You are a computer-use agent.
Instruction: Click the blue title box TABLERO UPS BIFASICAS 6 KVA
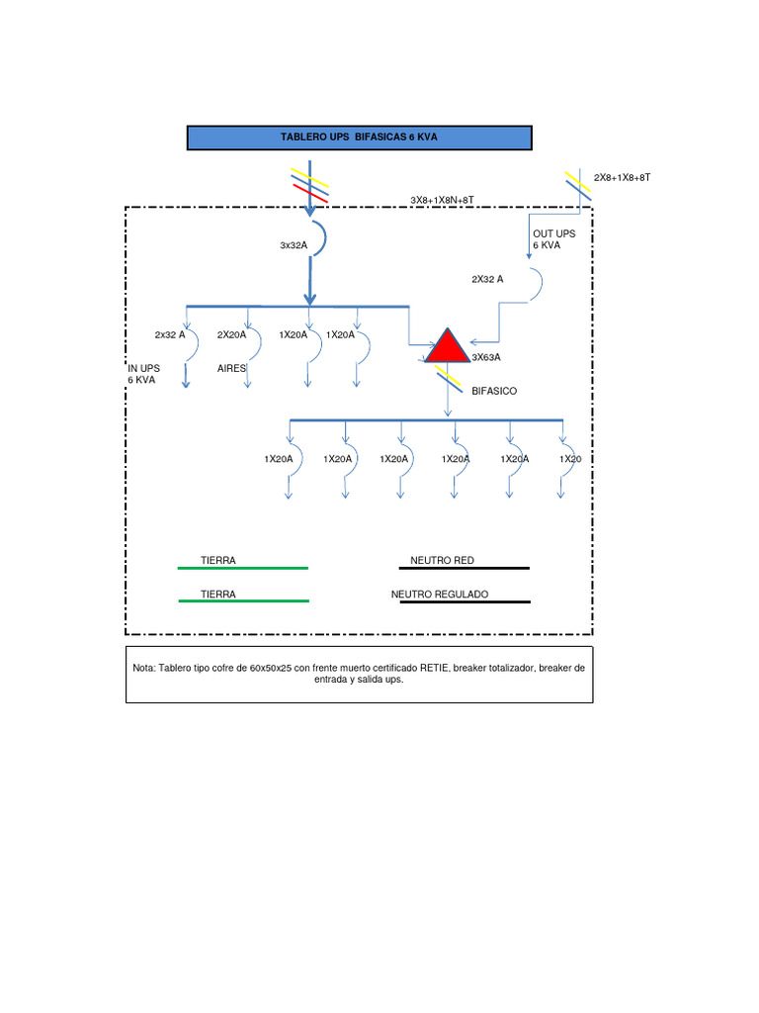point(360,138)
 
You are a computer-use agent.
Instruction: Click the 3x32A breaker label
point(295,246)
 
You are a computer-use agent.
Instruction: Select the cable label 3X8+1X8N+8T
point(442,200)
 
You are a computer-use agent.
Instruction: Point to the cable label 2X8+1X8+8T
point(623,178)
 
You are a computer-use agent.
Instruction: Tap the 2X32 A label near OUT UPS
point(487,279)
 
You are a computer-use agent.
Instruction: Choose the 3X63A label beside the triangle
point(486,357)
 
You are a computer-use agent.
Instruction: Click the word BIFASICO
point(494,391)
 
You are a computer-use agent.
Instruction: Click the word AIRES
point(231,368)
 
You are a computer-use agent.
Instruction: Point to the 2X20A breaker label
point(233,334)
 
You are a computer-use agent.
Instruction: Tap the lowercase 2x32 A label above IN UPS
point(170,334)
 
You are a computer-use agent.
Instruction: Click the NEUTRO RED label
point(442,561)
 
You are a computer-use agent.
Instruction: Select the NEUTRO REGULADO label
point(440,595)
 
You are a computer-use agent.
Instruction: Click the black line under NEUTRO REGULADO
point(464,601)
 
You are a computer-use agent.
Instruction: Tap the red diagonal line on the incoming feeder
point(310,194)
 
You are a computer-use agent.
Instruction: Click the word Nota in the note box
point(143,668)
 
